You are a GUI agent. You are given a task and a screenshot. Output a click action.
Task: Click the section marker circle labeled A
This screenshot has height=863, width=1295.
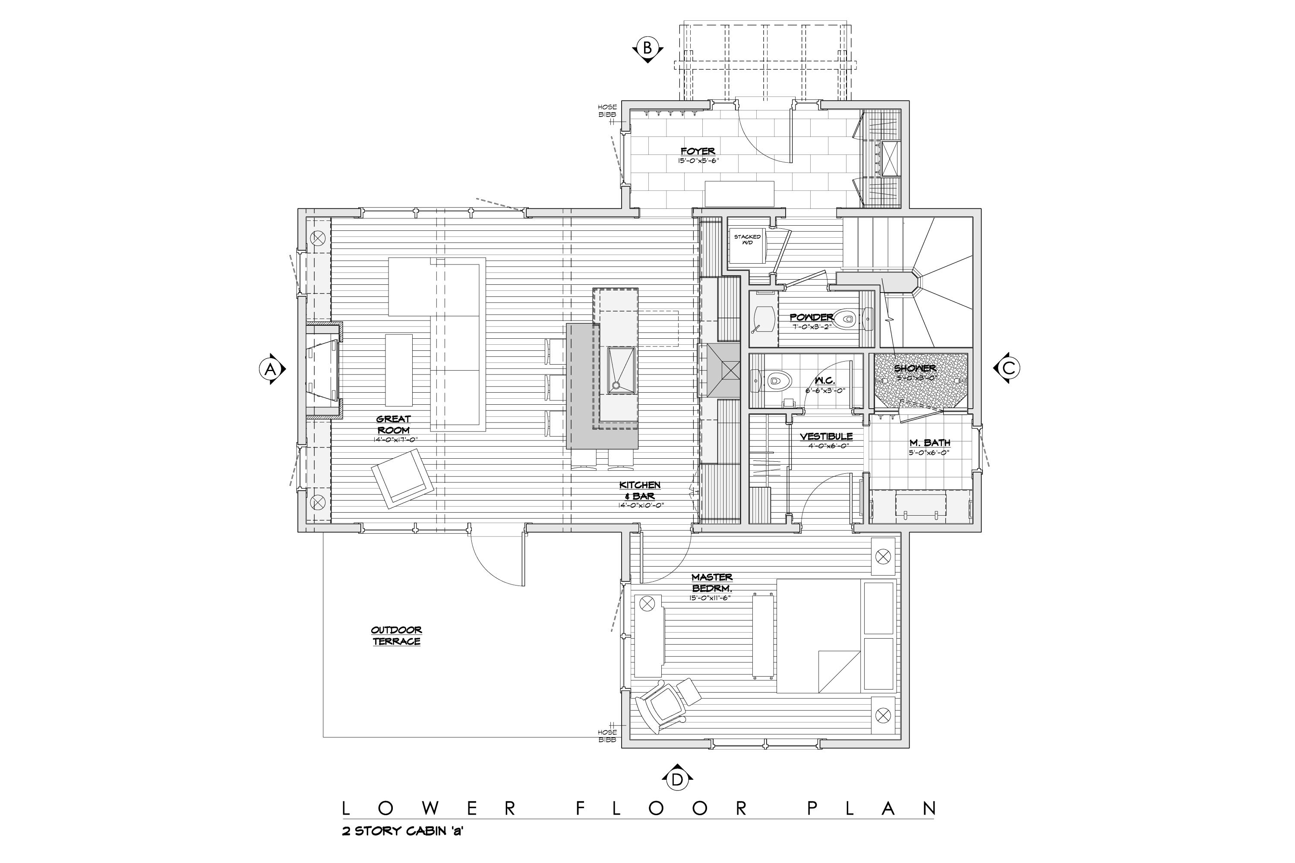click(270, 369)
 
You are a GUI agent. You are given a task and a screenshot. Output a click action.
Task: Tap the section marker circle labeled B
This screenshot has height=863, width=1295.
click(647, 48)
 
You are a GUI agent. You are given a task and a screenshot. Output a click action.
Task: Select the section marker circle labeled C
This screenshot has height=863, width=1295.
click(1008, 368)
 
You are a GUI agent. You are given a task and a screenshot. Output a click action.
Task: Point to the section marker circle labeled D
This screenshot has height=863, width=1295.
click(677, 779)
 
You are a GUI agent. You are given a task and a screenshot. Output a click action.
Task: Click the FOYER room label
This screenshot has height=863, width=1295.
click(698, 151)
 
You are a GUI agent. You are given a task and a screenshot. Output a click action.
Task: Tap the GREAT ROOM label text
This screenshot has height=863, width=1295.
click(394, 424)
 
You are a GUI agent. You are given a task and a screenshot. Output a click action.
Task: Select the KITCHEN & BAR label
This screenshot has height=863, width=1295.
click(640, 490)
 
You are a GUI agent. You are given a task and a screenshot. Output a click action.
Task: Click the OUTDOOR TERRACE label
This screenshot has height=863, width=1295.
click(396, 636)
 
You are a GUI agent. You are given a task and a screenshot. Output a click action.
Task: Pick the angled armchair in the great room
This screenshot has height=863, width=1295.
click(402, 478)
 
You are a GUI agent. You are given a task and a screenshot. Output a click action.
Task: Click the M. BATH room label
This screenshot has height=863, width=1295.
click(929, 443)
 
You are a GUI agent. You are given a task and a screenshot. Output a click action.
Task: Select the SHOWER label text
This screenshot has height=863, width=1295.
click(915, 368)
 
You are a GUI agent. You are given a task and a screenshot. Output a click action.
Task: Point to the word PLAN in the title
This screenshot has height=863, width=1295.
click(871, 809)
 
